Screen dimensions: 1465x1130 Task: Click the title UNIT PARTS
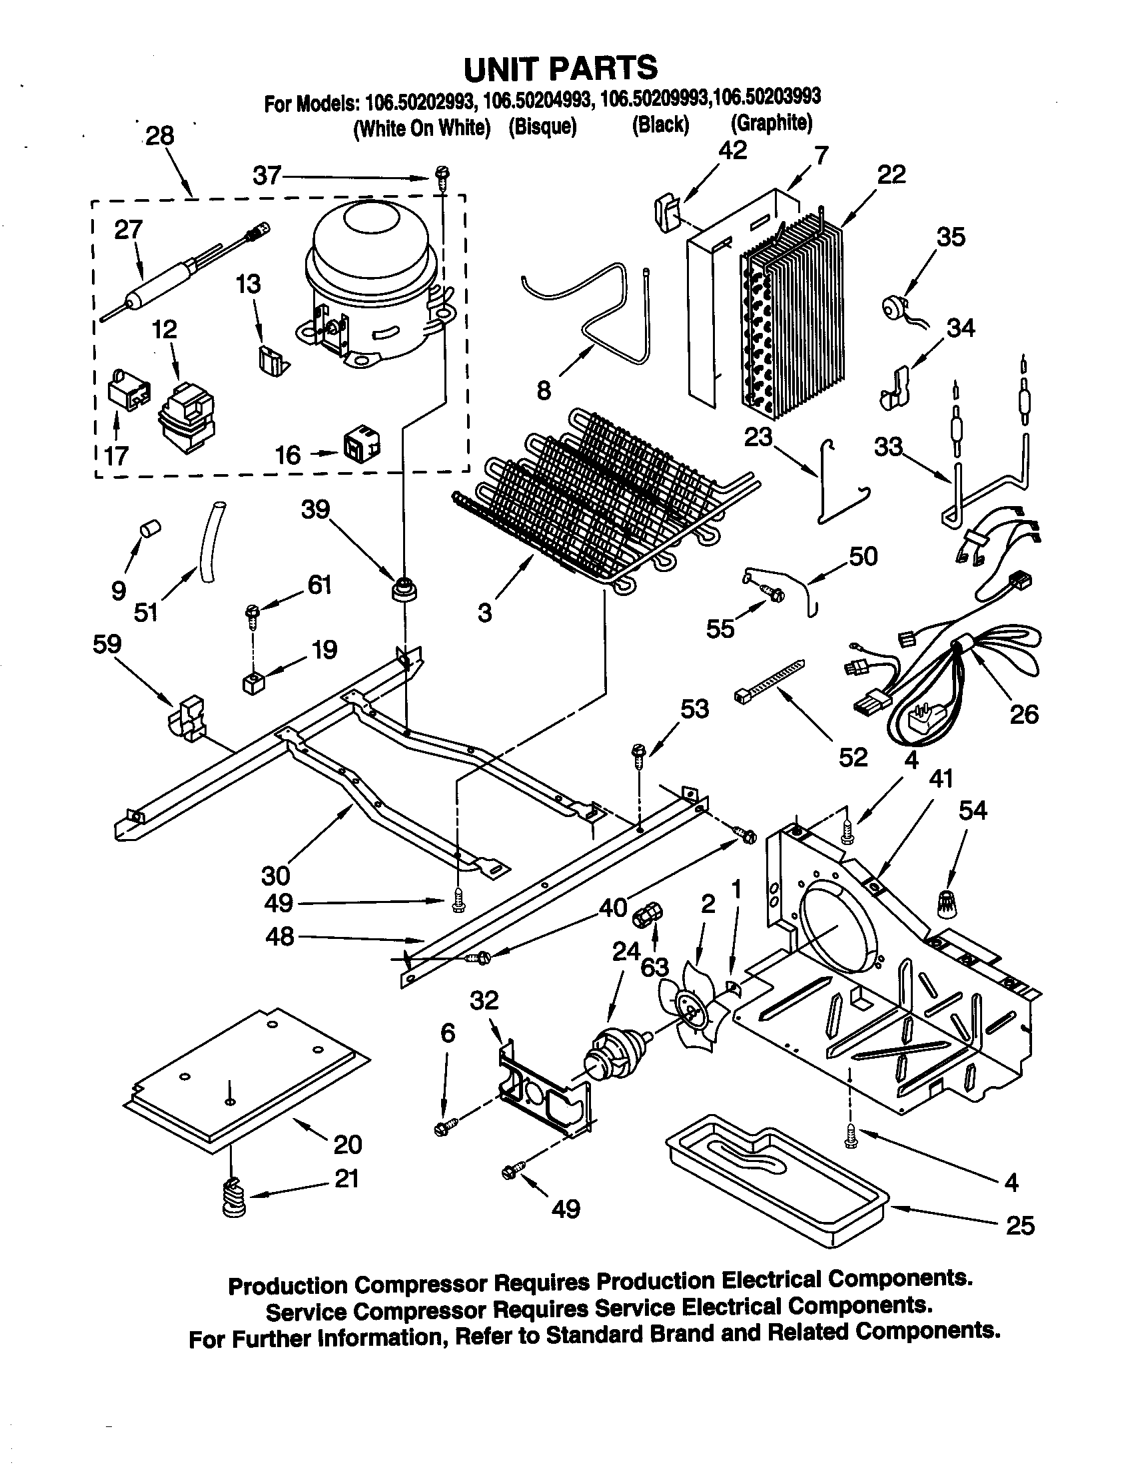[x=561, y=68]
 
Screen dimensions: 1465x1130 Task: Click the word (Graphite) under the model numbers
[x=772, y=123]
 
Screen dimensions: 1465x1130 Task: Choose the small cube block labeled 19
[x=253, y=683]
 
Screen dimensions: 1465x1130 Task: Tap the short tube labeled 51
[x=209, y=535]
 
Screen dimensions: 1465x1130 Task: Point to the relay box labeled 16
[x=361, y=443]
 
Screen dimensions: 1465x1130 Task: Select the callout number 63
[x=654, y=968]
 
